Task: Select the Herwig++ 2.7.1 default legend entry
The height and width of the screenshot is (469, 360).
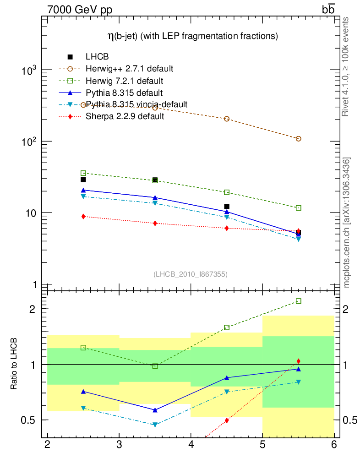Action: (x=129, y=69)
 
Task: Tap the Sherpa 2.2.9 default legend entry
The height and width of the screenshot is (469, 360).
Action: (x=125, y=116)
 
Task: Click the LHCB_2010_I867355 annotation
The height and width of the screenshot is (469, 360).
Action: (x=190, y=274)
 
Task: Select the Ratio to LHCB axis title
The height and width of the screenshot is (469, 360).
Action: (x=15, y=364)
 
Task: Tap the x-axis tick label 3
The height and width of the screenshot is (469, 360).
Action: (x=119, y=445)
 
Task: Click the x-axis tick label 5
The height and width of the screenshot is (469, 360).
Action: (x=262, y=445)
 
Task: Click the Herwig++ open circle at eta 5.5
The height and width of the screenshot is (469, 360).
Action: (x=299, y=139)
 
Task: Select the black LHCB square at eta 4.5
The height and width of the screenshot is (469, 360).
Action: (x=227, y=207)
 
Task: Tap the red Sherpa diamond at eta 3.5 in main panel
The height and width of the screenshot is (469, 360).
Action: (x=155, y=224)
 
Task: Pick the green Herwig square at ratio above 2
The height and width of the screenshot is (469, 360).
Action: (x=299, y=301)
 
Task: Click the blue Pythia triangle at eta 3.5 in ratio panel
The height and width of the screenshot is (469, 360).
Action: (x=155, y=410)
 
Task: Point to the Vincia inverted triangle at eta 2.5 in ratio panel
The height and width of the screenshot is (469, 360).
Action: (x=83, y=408)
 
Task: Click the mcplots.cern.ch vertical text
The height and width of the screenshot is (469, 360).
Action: (x=347, y=223)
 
